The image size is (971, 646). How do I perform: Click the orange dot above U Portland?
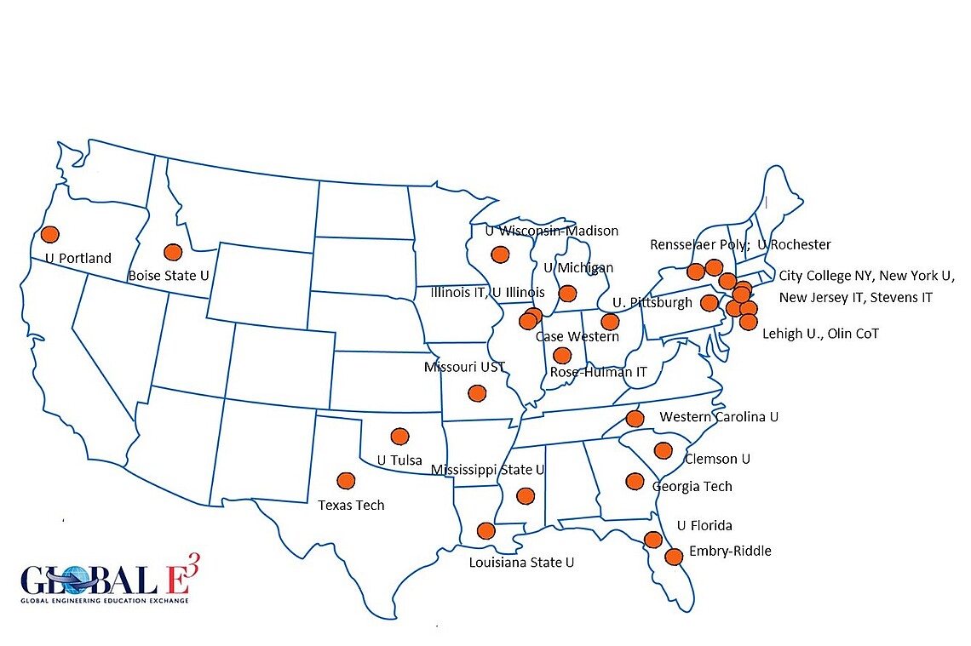(49, 234)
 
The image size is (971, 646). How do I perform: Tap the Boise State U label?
(167, 275)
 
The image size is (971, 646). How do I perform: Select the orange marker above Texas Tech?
(346, 481)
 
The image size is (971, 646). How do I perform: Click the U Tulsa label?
(399, 460)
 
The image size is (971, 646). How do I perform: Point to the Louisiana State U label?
(521, 563)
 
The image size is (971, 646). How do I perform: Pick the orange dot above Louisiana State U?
(485, 531)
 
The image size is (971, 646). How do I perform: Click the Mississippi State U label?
(487, 470)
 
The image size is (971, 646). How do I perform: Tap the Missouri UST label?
(464, 368)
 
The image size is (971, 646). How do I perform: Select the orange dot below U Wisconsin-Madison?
(499, 254)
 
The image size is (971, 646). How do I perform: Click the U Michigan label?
(578, 268)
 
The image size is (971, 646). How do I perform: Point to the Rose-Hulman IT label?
(599, 372)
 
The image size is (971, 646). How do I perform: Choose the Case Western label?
(577, 337)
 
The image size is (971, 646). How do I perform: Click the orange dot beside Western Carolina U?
(635, 418)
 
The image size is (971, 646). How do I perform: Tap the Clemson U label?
(717, 459)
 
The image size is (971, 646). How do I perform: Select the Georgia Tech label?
(692, 487)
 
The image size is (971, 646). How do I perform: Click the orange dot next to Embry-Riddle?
(673, 557)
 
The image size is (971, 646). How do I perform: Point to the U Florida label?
(704, 526)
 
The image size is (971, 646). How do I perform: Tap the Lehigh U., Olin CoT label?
(820, 334)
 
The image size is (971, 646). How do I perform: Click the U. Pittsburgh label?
(652, 303)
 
